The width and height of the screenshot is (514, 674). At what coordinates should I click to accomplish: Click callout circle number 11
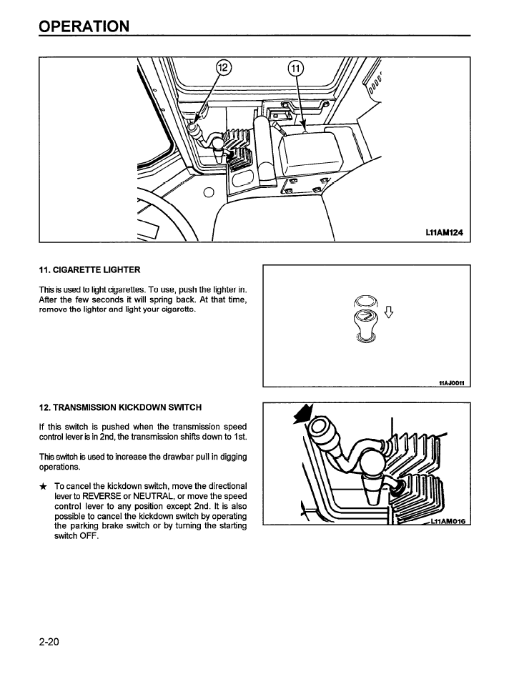tap(295, 69)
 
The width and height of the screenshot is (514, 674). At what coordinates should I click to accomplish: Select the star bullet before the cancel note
tap(43, 485)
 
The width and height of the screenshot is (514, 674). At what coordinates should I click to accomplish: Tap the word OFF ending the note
tap(87, 536)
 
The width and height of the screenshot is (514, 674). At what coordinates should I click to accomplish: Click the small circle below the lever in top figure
tap(208, 192)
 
